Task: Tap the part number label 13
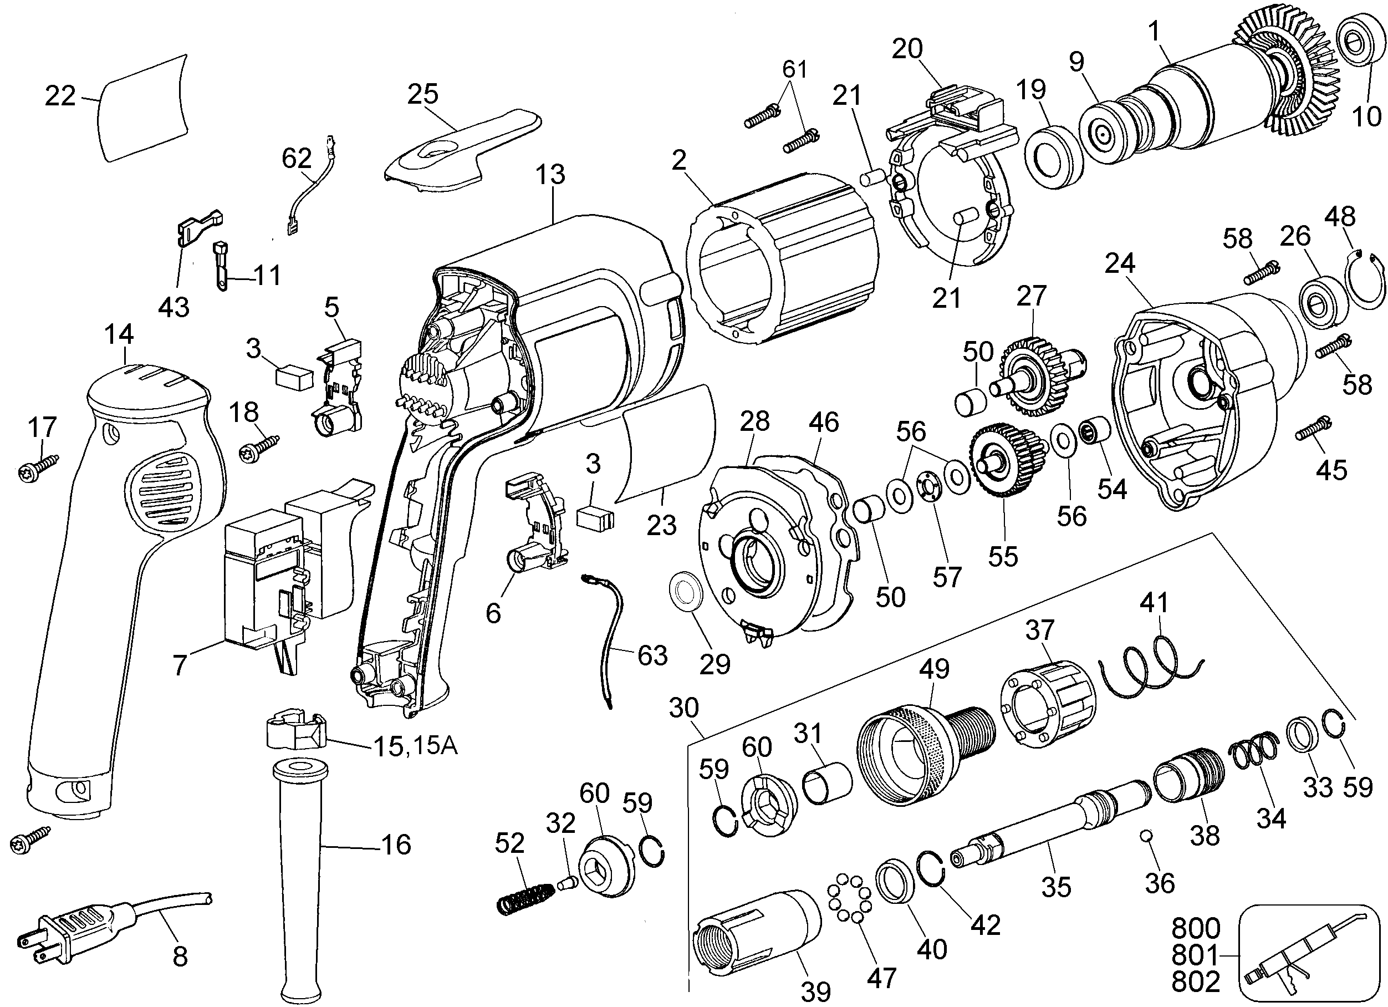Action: coord(550,175)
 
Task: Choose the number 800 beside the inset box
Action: coord(1196,928)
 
